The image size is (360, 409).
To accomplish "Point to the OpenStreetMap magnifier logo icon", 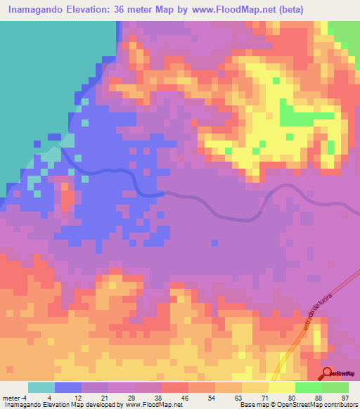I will click(x=328, y=372).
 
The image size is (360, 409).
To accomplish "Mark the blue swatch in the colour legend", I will click(x=68, y=387).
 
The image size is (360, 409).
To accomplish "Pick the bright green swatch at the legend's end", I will click(x=335, y=387).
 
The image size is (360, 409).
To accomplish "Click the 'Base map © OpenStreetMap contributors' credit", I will click(x=297, y=405).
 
